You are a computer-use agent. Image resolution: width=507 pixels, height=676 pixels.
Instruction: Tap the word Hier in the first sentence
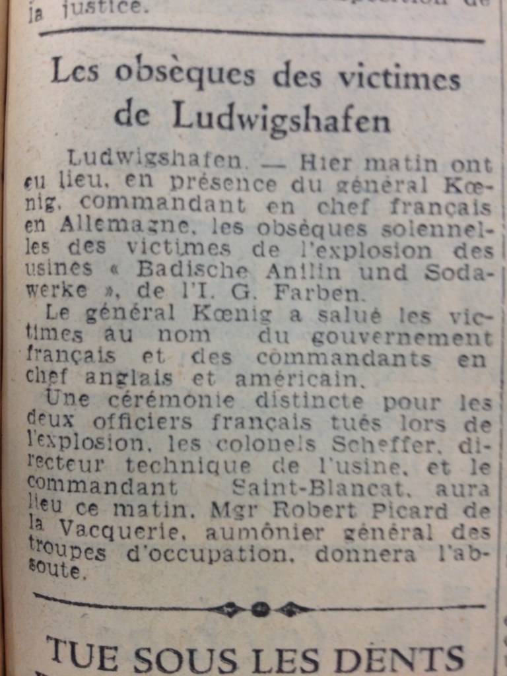tap(325, 162)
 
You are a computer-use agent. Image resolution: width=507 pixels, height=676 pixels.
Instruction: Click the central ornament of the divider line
tap(259, 608)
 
